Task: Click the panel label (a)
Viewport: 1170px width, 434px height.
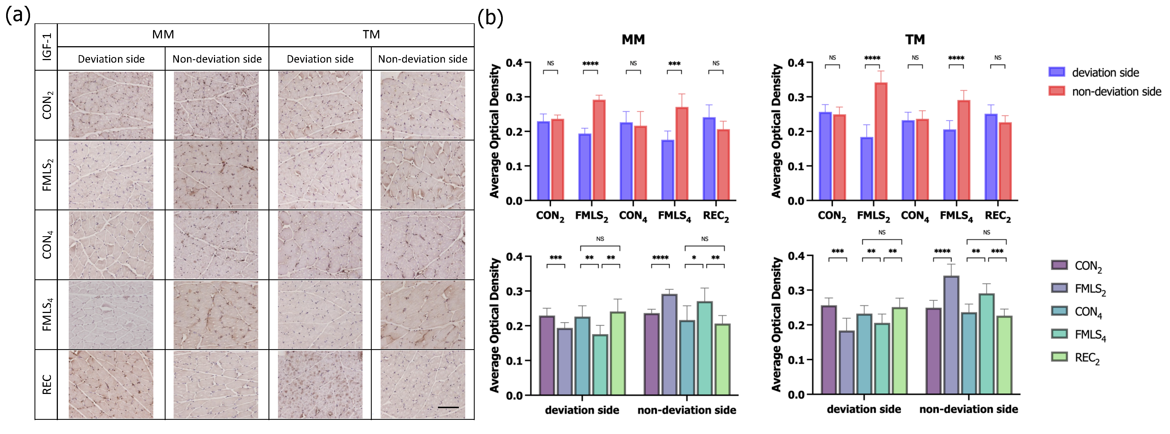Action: click(x=17, y=15)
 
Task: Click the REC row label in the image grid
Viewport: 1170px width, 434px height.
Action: click(x=46, y=384)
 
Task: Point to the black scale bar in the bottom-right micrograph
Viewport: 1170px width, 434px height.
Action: click(x=448, y=407)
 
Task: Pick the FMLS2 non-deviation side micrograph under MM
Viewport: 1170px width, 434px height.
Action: click(x=216, y=175)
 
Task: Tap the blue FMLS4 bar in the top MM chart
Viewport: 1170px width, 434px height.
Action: click(x=668, y=170)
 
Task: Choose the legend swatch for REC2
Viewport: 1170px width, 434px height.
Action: click(x=1059, y=357)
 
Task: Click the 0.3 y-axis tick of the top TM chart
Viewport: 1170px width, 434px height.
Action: click(x=796, y=97)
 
